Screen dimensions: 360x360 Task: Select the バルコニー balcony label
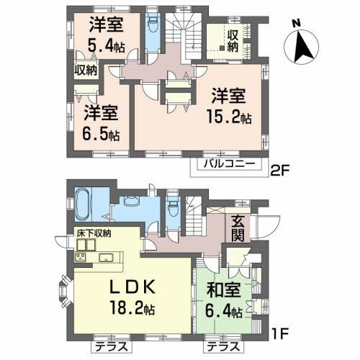point(224,164)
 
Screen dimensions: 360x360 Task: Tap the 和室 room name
point(222,292)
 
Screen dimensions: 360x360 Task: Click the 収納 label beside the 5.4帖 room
point(86,71)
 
